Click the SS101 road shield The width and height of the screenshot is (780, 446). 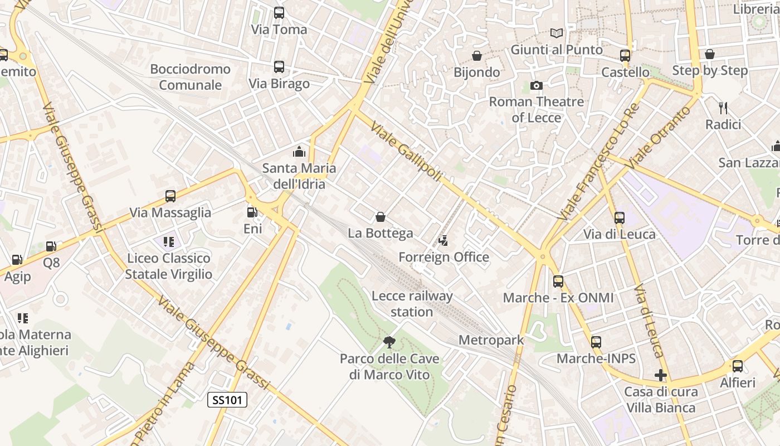pos(227,400)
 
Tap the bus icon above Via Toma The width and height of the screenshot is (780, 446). pos(279,12)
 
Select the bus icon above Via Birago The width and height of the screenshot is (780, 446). pos(279,67)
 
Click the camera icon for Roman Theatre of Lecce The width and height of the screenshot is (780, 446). pos(537,85)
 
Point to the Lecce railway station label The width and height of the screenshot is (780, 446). pos(412,304)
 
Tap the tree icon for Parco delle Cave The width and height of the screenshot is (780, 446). pos(389,342)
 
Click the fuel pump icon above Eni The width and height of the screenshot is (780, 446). pos(252,212)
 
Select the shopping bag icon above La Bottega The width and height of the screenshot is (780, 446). pos(381,216)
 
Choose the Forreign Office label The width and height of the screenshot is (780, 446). pos(443,257)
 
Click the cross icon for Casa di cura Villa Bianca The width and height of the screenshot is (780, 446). pos(661,375)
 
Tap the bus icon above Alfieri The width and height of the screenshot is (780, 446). pos(738,366)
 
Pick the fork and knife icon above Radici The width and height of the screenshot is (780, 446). pos(723,108)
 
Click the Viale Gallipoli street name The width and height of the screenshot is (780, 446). pos(406,152)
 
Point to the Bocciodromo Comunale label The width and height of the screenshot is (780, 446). pos(190,77)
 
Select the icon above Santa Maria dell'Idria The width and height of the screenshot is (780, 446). pos(299,152)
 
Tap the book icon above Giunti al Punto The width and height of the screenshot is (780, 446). pos(557,33)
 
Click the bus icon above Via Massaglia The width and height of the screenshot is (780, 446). pos(170,196)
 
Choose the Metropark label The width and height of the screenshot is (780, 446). pos(491,340)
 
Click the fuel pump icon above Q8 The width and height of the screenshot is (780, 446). pos(51,246)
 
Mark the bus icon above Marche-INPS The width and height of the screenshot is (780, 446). pos(596,342)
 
